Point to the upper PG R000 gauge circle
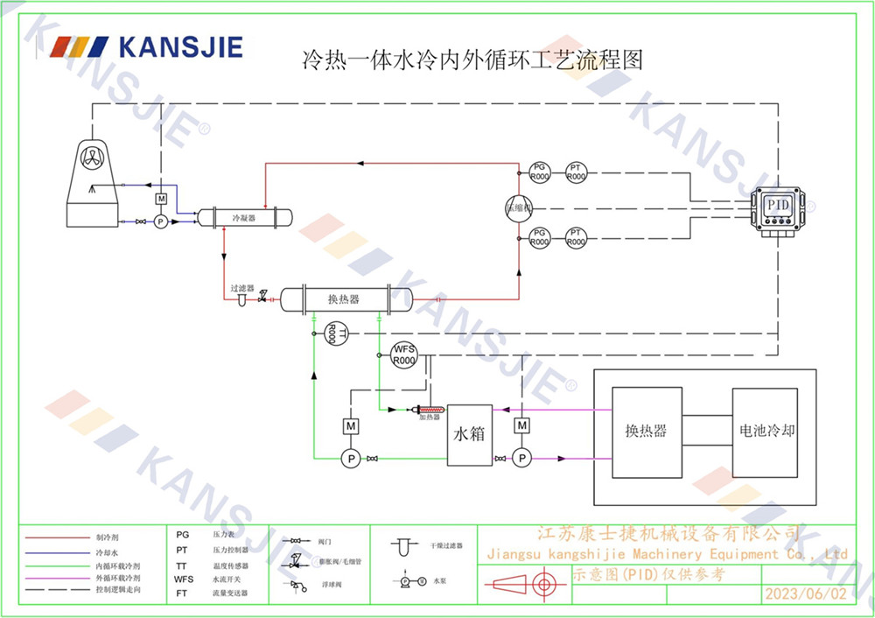click(x=540, y=172)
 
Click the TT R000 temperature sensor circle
click(x=332, y=333)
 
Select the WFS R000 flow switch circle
click(x=403, y=355)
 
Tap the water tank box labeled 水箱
click(x=469, y=434)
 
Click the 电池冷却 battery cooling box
click(x=764, y=432)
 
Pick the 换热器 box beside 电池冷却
click(x=647, y=432)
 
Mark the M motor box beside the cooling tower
click(x=161, y=200)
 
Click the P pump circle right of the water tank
click(x=522, y=457)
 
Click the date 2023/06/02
click(x=806, y=593)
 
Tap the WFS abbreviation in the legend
click(x=183, y=579)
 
